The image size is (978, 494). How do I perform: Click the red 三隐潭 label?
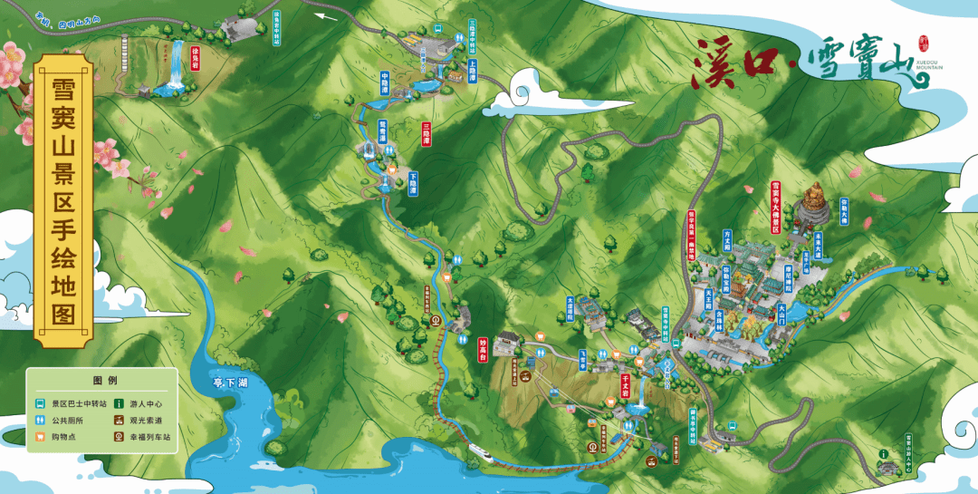pyautogui.click(x=427, y=133)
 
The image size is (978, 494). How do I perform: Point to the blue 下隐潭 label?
pyautogui.click(x=413, y=183)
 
